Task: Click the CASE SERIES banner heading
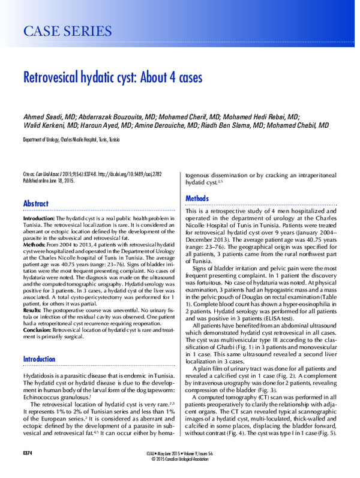pyautogui.click(x=67, y=31)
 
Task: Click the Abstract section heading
pyautogui.click(x=36, y=204)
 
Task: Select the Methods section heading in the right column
pyautogui.click(x=197, y=198)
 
